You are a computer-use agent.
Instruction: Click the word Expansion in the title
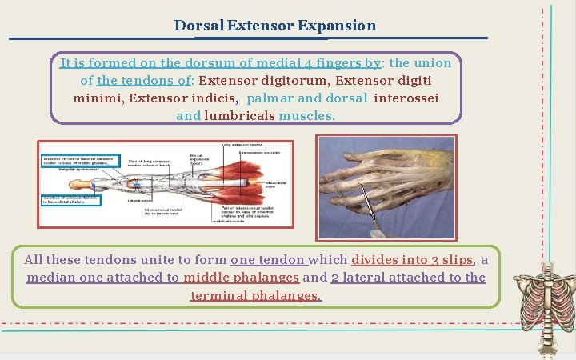[336, 25]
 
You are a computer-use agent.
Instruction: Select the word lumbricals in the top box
[239, 115]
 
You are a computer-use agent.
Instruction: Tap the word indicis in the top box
[214, 98]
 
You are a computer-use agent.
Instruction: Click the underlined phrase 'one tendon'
[268, 259]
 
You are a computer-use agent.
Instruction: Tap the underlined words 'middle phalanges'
[241, 277]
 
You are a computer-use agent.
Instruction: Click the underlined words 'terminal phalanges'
[256, 295]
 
